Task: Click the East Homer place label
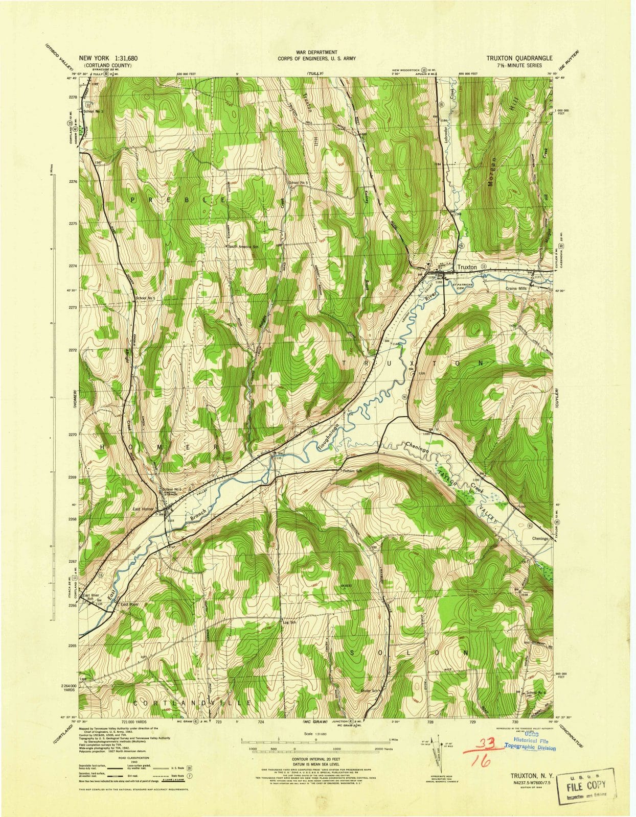pyautogui.click(x=143, y=509)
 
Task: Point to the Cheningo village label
pyautogui.click(x=540, y=538)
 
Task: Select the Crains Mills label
pyautogui.click(x=516, y=289)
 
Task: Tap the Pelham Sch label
pyautogui.click(x=352, y=471)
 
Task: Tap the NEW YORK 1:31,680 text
pyautogui.click(x=108, y=58)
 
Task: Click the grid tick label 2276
pyautogui.click(x=72, y=181)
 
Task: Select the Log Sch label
pyautogui.click(x=290, y=622)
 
